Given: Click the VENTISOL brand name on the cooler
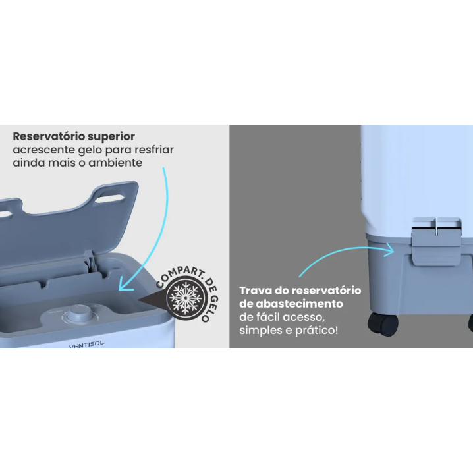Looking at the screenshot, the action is point(86,345).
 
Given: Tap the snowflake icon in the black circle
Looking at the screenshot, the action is point(185,297).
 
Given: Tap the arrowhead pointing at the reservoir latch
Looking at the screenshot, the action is point(389,250).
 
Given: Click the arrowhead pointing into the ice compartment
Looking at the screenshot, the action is point(125,285).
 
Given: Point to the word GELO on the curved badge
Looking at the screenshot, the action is point(211,308).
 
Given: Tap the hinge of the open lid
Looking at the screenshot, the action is point(89,260).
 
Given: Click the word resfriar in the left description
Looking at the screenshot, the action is point(154,150).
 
